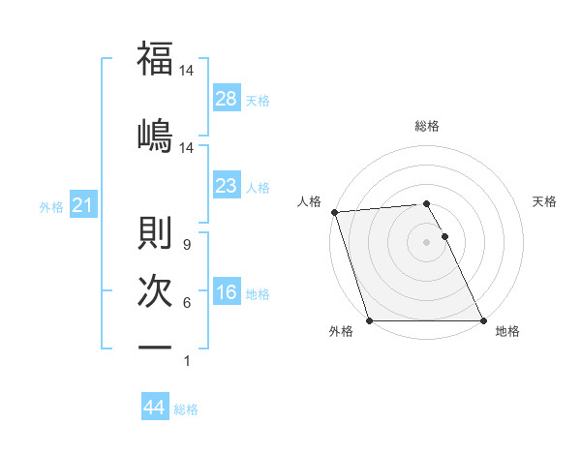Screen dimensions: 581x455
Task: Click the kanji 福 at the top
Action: tap(155, 59)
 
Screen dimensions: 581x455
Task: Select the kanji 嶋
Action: tap(155, 135)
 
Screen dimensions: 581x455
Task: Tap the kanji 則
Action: tap(155, 233)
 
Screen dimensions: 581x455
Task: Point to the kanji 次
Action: tap(155, 291)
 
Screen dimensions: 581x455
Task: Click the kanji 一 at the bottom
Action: tap(155, 348)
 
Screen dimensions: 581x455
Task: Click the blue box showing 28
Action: tap(227, 99)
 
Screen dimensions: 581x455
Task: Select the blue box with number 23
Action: tap(227, 186)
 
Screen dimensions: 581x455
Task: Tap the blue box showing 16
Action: tap(227, 293)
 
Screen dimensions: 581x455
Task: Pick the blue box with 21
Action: tap(82, 205)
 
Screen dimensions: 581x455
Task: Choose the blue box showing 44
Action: tap(154, 408)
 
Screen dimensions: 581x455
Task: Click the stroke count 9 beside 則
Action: tap(186, 245)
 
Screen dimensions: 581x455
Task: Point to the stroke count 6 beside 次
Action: tap(186, 303)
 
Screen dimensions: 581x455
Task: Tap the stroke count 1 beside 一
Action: tap(186, 361)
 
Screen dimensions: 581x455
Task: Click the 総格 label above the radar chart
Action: tap(427, 126)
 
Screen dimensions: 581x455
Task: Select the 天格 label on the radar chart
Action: tap(545, 201)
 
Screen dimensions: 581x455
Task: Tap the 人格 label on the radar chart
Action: tap(309, 201)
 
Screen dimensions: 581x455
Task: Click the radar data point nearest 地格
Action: tap(483, 320)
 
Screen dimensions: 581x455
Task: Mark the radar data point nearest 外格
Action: tap(370, 320)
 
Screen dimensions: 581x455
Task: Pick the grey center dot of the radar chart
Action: tap(427, 242)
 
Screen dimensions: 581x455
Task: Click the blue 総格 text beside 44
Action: tap(186, 409)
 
